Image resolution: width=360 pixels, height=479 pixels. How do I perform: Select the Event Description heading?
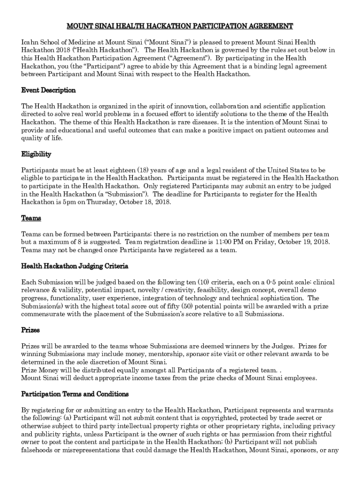(x=48, y=90)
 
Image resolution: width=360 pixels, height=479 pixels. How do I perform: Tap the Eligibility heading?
(x=36, y=154)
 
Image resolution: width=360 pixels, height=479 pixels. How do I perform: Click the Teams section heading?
(x=31, y=218)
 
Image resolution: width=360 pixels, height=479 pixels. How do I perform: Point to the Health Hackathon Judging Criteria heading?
(x=75, y=266)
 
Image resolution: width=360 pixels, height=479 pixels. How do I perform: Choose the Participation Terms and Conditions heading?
(x=75, y=394)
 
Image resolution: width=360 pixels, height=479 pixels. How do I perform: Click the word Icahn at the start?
(x=29, y=42)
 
